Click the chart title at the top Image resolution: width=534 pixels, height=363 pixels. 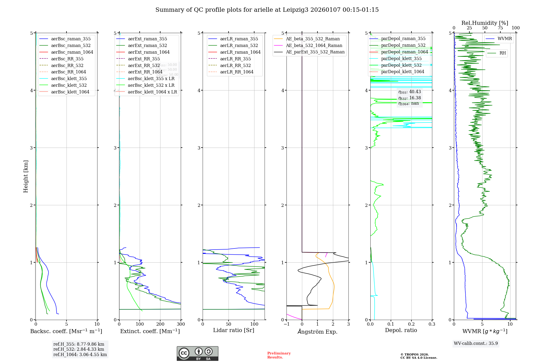267,10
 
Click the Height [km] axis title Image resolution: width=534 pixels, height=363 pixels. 26,176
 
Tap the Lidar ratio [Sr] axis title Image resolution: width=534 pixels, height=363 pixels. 234,330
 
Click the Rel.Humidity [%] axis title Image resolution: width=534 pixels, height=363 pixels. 485,23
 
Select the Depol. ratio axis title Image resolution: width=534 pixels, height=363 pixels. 401,330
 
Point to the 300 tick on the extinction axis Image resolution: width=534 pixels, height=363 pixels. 181,324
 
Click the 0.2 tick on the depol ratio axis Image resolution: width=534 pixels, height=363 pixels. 411,324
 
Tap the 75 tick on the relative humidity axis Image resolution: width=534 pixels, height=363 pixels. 500,28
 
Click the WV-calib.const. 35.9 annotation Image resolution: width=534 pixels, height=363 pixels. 476,344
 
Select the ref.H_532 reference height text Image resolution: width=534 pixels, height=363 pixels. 79,349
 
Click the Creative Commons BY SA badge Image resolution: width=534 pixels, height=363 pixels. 197,354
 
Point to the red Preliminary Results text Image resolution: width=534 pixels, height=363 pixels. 279,355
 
